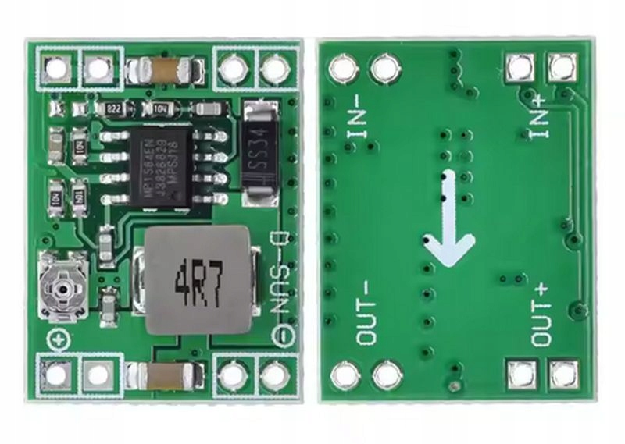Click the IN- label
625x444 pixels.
[x=355, y=117]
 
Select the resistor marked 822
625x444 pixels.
[x=113, y=108]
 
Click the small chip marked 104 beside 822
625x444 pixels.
[x=159, y=108]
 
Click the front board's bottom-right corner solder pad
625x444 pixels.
[x=274, y=375]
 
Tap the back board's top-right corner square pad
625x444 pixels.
[x=562, y=68]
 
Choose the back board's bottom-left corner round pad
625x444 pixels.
[x=345, y=375]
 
